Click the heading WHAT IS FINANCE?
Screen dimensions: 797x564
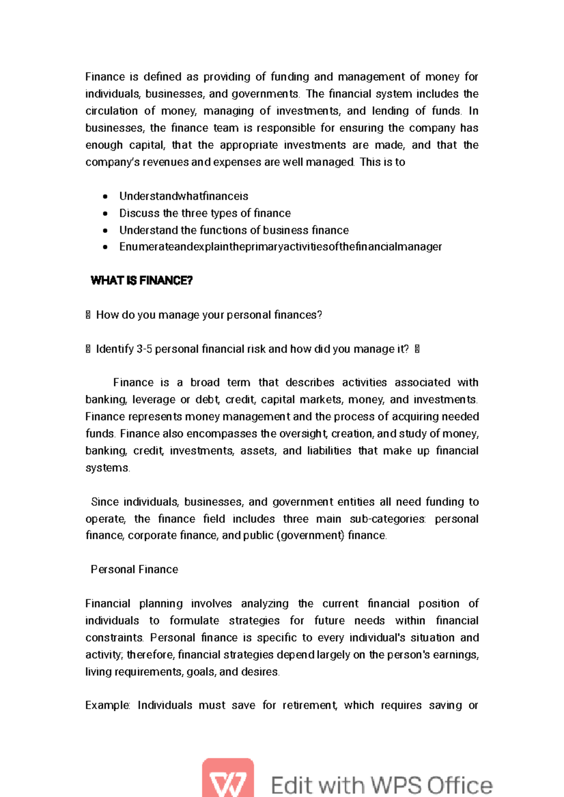141,281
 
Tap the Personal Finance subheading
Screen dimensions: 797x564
134,569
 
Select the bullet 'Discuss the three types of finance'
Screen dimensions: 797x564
205,213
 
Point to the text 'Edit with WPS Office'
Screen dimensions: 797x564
382,785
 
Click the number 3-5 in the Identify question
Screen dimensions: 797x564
144,349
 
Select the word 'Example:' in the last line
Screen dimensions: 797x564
108,705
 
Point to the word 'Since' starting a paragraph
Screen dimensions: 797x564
105,502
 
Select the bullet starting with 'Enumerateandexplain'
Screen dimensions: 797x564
280,247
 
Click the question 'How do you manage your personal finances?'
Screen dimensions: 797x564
209,315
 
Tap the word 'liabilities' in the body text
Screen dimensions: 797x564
329,451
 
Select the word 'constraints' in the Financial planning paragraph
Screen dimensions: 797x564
114,638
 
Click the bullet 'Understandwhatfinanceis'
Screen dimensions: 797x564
183,196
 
